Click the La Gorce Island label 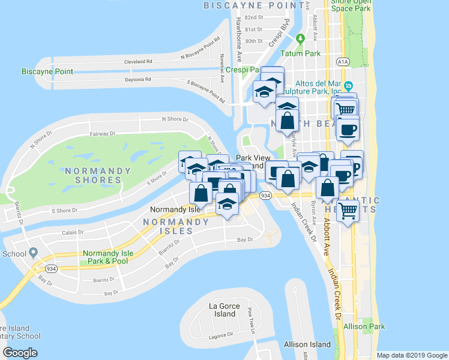tap(224, 310)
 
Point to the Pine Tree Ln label tap(251, 321)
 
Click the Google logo tap(20, 353)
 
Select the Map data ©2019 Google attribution tap(412, 355)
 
